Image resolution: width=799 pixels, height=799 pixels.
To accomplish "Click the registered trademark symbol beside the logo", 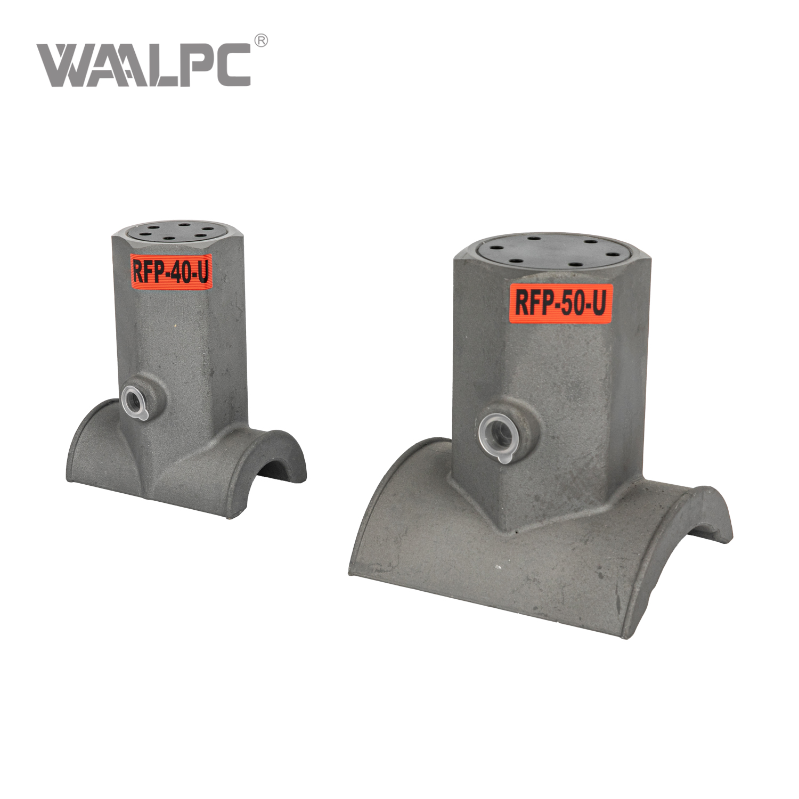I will click(x=261, y=40).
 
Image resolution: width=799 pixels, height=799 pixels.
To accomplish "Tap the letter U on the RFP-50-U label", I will click(x=599, y=302).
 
